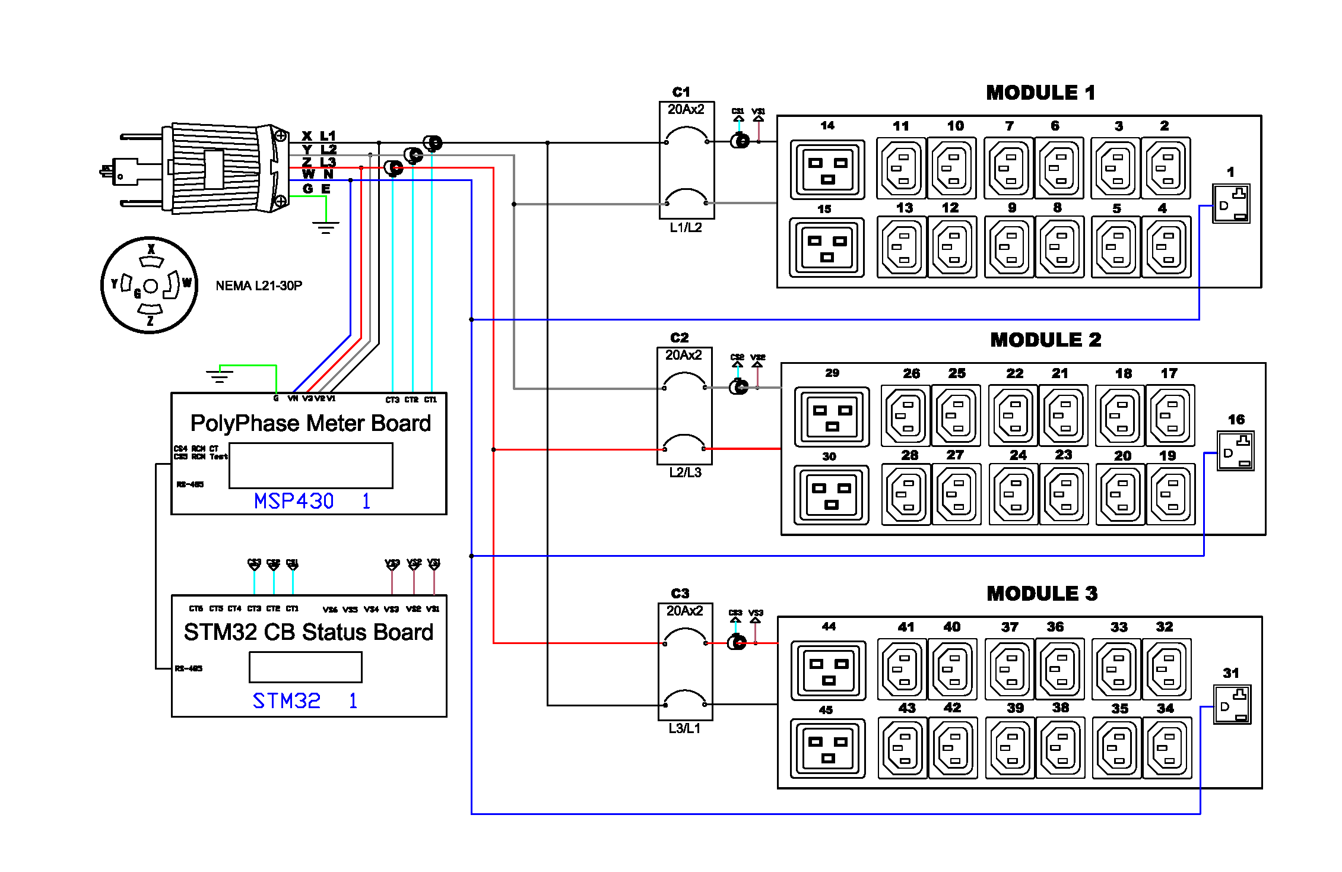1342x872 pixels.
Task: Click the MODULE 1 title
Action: tap(1040, 93)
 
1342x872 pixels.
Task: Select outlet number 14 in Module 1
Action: tap(827, 169)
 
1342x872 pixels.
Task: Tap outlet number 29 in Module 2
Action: tap(832, 417)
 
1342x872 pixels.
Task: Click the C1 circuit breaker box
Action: tap(687, 161)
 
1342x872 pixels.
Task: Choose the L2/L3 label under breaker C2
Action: tap(685, 473)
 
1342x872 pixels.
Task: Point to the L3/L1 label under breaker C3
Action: tap(684, 728)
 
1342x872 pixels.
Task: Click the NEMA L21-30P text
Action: tap(259, 286)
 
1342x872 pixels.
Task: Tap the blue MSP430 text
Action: tap(294, 501)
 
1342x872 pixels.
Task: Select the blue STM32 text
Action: tap(287, 701)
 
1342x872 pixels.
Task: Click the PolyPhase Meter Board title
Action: tap(310, 423)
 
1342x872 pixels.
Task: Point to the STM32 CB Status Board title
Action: tap(309, 632)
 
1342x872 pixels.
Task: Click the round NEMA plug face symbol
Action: tap(150, 286)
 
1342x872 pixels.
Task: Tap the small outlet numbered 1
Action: tap(1231, 204)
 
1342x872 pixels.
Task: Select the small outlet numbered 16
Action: tap(1235, 451)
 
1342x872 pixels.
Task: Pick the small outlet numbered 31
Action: tap(1232, 705)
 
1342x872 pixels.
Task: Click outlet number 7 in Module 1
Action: tap(1009, 168)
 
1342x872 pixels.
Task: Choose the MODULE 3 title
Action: tap(1042, 594)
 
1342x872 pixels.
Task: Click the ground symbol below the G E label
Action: tap(325, 227)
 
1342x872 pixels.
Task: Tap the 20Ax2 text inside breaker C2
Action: tap(684, 355)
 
